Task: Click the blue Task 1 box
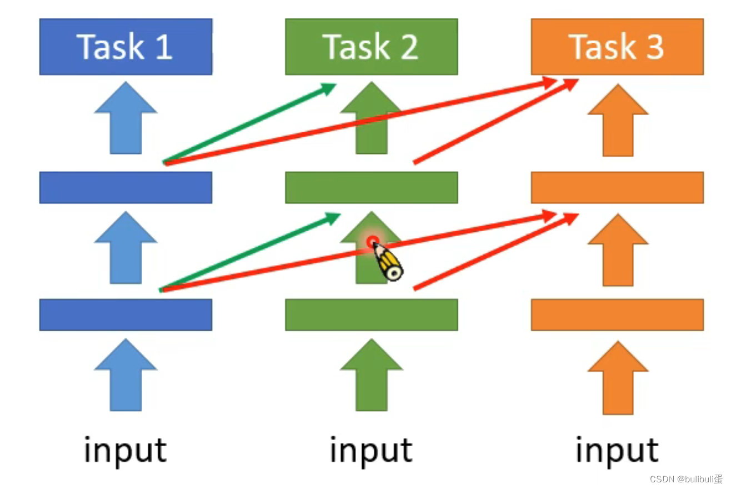coord(126,47)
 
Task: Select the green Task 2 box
coord(371,47)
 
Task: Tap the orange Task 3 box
coord(617,47)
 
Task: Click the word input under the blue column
coord(126,450)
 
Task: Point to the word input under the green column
coord(371,450)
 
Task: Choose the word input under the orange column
coord(617,450)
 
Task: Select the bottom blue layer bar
coord(126,315)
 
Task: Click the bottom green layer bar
coord(371,315)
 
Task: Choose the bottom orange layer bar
coord(617,315)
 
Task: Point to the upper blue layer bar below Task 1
coord(126,187)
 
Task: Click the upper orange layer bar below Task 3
coord(617,187)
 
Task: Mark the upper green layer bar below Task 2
coord(371,187)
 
